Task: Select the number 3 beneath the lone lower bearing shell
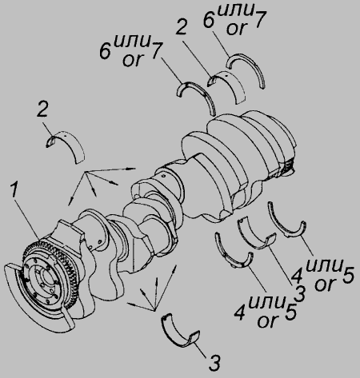coord(214,363)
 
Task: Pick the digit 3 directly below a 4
coord(299,294)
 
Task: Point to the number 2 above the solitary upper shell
coord(42,109)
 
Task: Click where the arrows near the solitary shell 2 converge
coord(86,172)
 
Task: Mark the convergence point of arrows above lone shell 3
coord(154,309)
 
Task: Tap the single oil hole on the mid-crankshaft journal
coord(162,175)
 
